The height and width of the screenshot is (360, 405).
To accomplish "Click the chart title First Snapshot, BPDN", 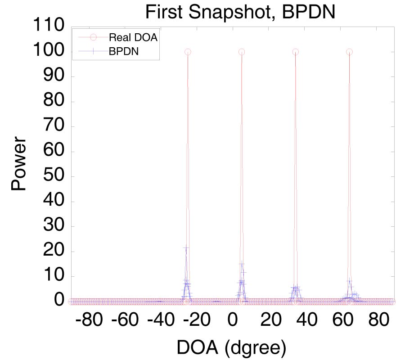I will [240, 12].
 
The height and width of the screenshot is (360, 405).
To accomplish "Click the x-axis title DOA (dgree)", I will [232, 346].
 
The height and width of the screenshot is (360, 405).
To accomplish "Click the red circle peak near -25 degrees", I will [188, 52].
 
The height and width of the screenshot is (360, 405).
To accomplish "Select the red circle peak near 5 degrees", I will [242, 52].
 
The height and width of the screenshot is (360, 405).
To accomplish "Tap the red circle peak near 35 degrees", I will [296, 52].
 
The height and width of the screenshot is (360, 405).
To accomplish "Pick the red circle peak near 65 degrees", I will [349, 52].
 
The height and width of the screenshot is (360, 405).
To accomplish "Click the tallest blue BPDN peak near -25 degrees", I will [186, 248].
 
